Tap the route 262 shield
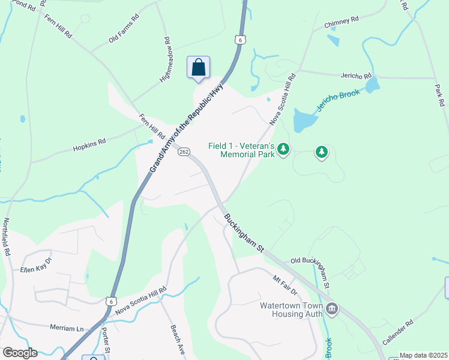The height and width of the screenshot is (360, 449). [x=184, y=152]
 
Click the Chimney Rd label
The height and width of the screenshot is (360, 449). [x=341, y=22]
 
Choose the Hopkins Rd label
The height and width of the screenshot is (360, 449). [x=89, y=145]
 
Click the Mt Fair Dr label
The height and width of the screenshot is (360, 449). [x=285, y=286]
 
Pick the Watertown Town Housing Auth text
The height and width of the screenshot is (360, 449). [x=291, y=310]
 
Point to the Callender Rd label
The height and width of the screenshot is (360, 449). [x=397, y=332]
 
